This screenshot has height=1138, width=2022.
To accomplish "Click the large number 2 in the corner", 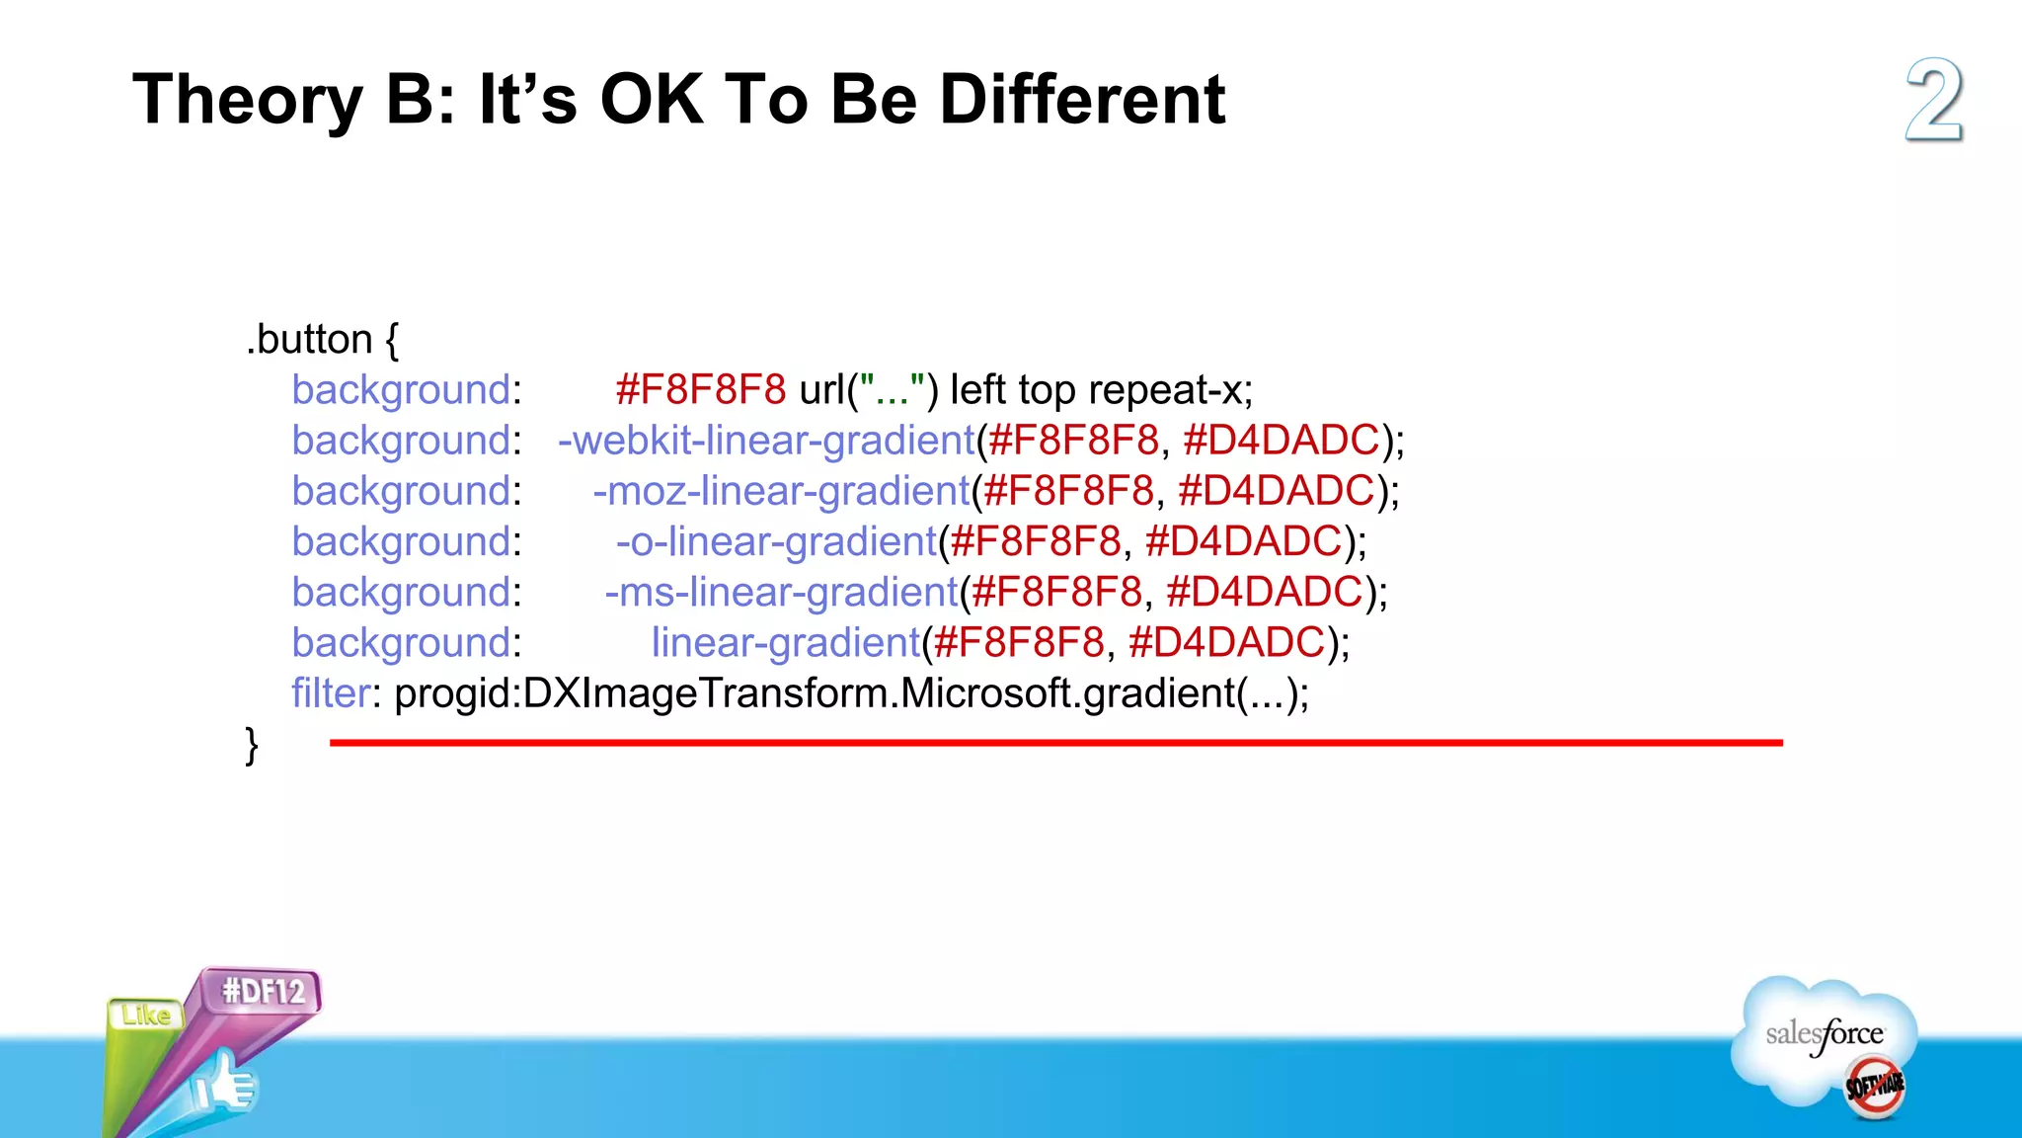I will click(1933, 101).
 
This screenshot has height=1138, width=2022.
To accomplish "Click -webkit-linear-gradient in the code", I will click(766, 441).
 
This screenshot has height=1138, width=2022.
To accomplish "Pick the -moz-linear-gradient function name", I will click(782, 491).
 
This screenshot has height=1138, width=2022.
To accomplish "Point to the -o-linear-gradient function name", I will click(776, 541).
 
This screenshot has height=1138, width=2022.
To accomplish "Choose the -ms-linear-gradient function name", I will click(781, 592).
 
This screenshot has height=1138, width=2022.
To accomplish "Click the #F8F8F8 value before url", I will click(700, 390).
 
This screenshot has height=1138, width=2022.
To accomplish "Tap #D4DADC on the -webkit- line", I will click(1281, 441).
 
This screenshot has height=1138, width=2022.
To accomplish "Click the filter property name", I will click(331, 692).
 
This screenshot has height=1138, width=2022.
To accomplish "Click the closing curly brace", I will click(252, 744).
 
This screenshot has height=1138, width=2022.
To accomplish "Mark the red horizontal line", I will click(1056, 742).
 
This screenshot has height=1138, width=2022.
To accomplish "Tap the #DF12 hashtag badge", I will click(263, 991).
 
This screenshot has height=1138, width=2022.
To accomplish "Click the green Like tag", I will click(146, 1015).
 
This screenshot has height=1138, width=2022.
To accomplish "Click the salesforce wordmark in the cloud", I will click(1824, 1035).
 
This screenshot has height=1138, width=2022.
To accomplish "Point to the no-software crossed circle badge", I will click(1875, 1087).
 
